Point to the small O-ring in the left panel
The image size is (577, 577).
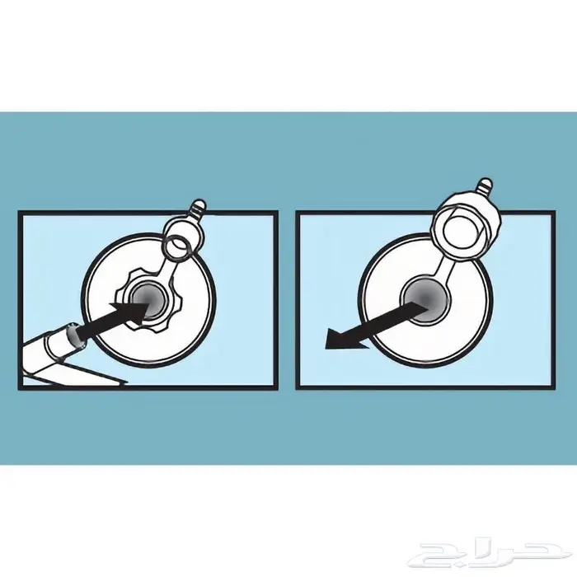pyautogui.click(x=177, y=248)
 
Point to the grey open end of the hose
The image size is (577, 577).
pyautogui.click(x=76, y=335)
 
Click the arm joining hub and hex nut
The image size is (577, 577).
pyautogui.click(x=442, y=271)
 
